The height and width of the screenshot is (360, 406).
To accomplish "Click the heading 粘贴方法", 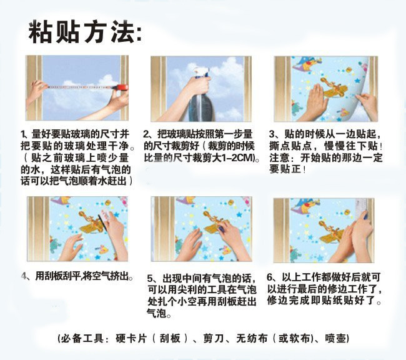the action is point(82,32).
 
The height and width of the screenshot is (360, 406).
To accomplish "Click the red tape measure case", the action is point(121,87).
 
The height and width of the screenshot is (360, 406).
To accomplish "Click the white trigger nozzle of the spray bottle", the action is point(201,72).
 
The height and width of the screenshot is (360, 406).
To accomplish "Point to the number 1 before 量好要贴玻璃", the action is point(24,134).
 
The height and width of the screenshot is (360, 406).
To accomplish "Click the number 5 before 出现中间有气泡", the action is point(150,278).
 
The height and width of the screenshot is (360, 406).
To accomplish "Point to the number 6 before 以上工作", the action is point(270,277).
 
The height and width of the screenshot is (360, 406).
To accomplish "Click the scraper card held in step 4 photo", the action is point(103,217).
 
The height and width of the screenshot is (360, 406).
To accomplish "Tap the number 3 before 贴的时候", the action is point(272,134).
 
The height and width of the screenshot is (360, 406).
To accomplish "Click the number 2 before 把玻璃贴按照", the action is point(146,134).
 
